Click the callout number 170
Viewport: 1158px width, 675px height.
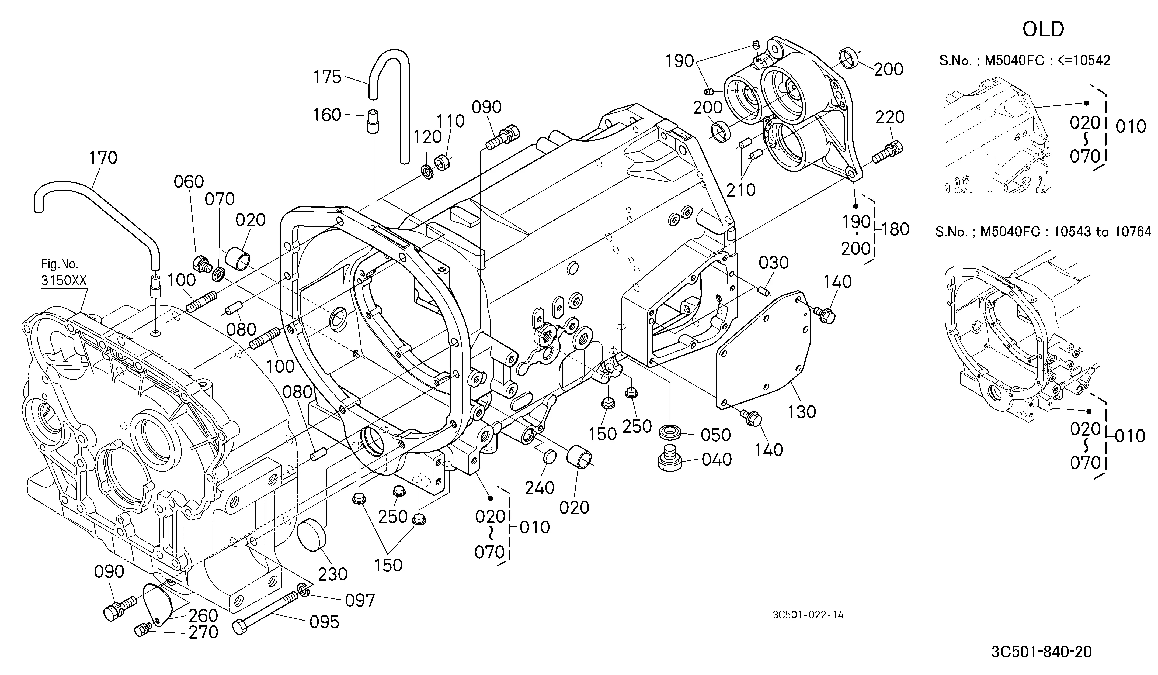103,158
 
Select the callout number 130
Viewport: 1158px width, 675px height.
802,412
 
